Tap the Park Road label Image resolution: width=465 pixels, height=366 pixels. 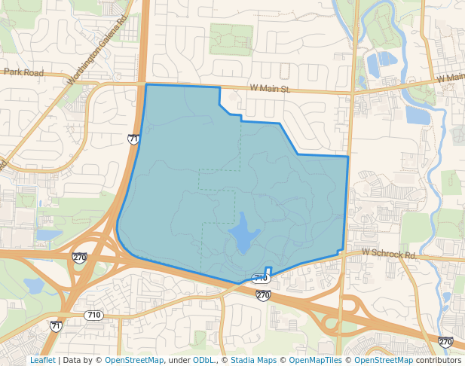coord(23,73)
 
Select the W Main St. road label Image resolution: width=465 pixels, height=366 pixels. coord(269,89)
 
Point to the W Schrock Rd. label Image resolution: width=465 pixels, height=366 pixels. coord(389,255)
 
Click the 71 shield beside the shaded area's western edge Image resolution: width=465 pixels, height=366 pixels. coord(133,139)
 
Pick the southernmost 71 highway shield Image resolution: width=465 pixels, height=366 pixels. coord(56,326)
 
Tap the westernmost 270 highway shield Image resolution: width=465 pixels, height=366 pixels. coord(79,258)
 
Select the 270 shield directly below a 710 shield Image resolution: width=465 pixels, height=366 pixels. coord(262,294)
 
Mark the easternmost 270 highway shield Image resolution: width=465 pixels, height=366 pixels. coord(445,342)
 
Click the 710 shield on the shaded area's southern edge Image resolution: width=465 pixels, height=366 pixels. coord(261,279)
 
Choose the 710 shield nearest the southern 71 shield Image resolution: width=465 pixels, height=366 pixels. coord(93,315)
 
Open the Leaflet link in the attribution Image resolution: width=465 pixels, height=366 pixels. coord(42,360)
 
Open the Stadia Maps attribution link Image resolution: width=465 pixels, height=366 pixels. coord(253,360)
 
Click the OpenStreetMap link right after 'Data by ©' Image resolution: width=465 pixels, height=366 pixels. coord(134,360)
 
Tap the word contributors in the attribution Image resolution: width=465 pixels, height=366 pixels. coord(439,360)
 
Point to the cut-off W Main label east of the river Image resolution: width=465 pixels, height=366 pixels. coord(451,78)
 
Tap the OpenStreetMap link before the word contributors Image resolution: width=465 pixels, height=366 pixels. coord(384,360)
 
